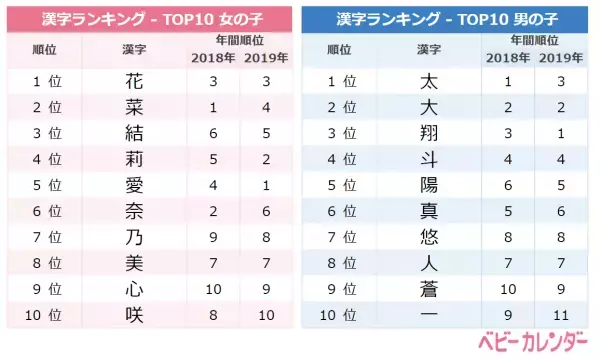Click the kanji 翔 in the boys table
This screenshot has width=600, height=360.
pyautogui.click(x=430, y=133)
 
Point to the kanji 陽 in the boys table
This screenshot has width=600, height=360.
pyautogui.click(x=430, y=184)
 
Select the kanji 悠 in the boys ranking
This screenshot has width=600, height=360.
pyautogui.click(x=430, y=236)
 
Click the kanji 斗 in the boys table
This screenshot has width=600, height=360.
pyautogui.click(x=430, y=159)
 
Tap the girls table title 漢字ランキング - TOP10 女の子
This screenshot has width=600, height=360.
pyautogui.click(x=149, y=18)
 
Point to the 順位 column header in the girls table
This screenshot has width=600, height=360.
pyautogui.click(x=43, y=48)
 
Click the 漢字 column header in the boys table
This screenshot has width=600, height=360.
pyautogui.click(x=430, y=48)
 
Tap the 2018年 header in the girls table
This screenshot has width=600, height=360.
pyautogui.click(x=211, y=56)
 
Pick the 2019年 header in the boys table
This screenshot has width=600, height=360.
pyautogui.click(x=560, y=56)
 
